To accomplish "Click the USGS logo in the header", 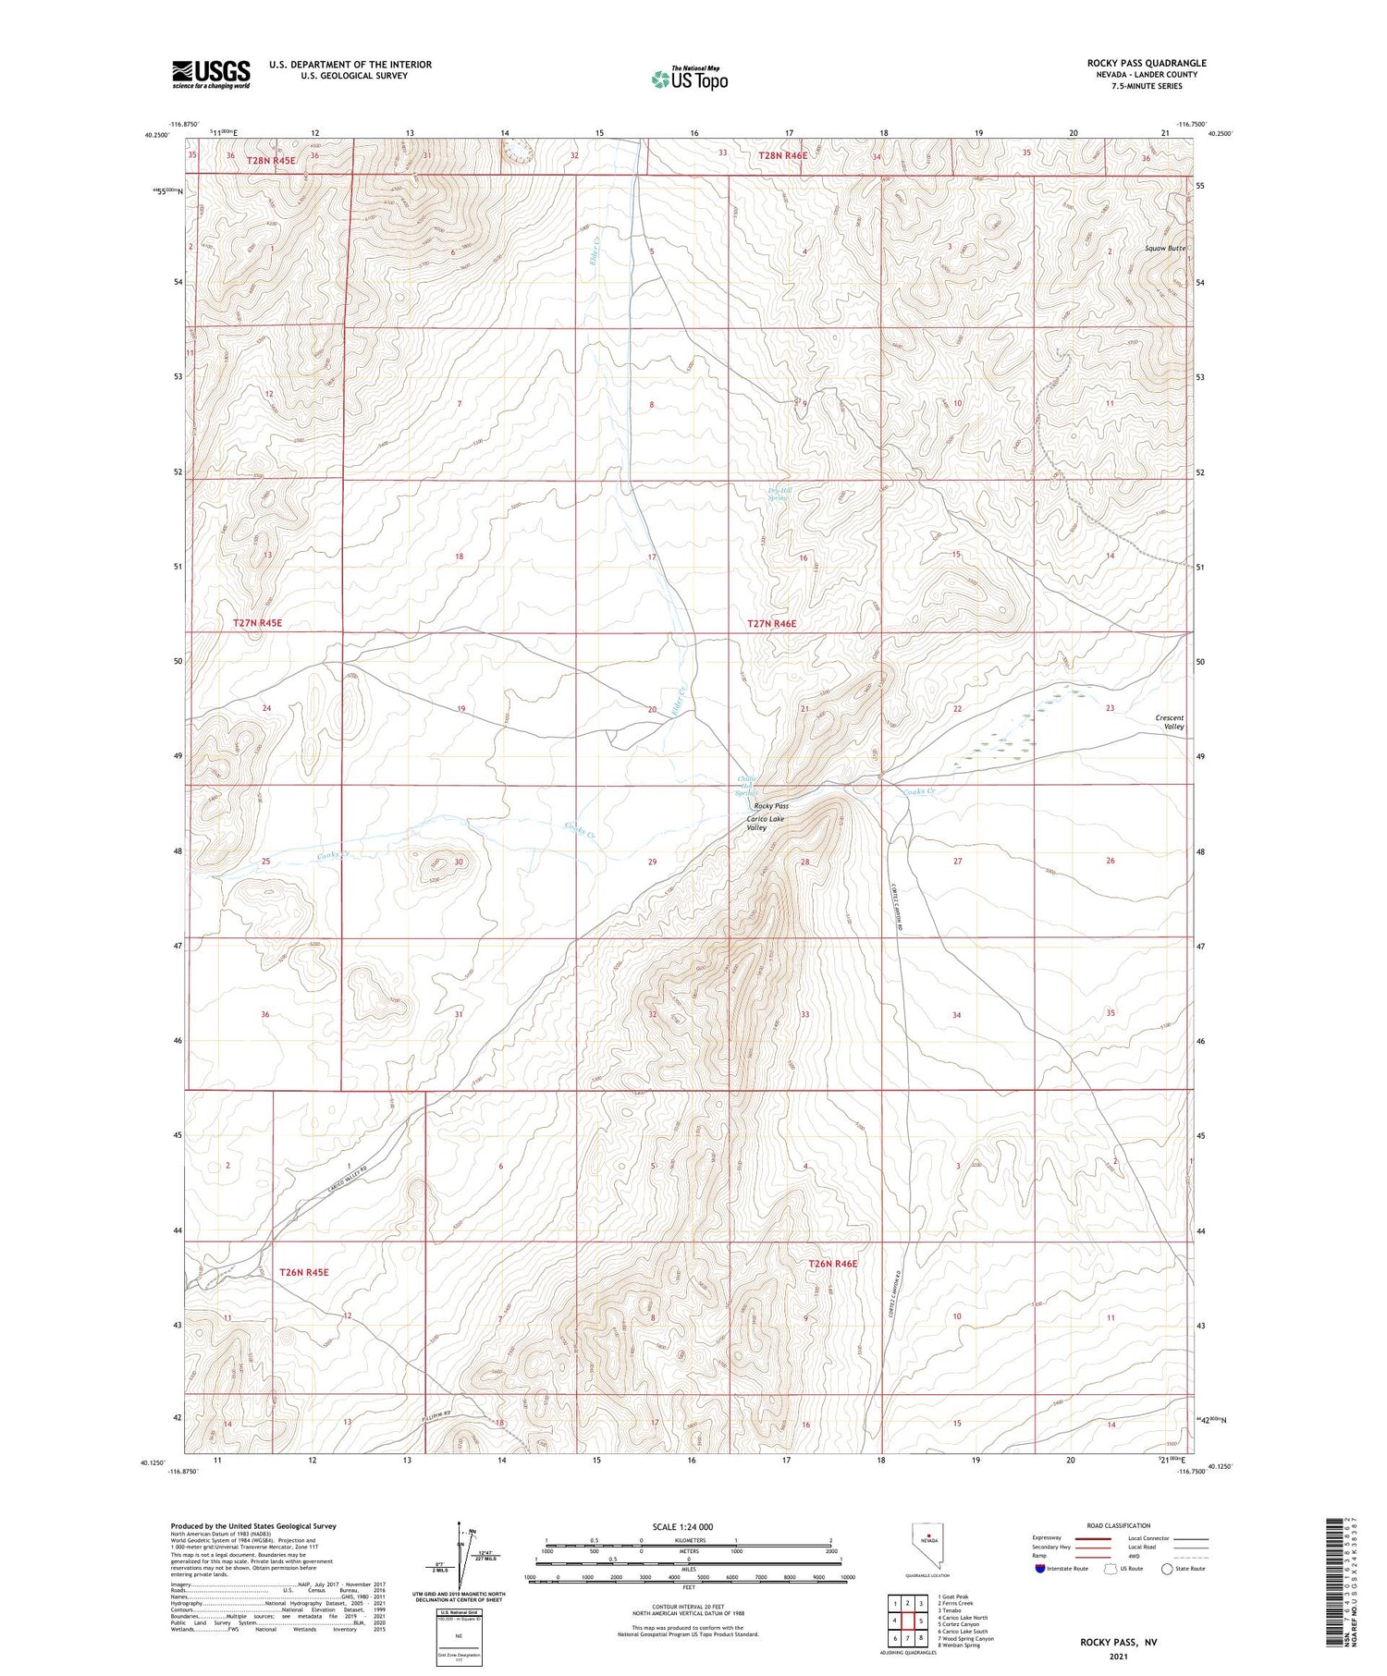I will pyautogui.click(x=211, y=74).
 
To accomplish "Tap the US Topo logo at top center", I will pyautogui.click(x=690, y=79).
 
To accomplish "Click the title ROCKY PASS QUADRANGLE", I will pyautogui.click(x=1147, y=63).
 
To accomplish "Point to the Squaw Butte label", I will pyautogui.click(x=1164, y=249).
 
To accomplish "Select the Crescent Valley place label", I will pyautogui.click(x=1170, y=722).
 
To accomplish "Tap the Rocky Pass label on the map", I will pyautogui.click(x=771, y=806).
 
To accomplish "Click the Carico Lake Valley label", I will pyautogui.click(x=765, y=824).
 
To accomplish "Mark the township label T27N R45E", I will pyautogui.click(x=257, y=623).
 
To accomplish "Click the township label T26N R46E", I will pyautogui.click(x=833, y=1264).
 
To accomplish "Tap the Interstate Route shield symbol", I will pyautogui.click(x=1040, y=1569).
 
